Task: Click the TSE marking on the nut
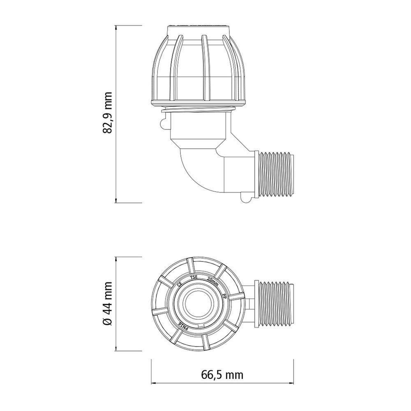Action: pos(193,277)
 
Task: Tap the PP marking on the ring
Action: pos(224,296)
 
